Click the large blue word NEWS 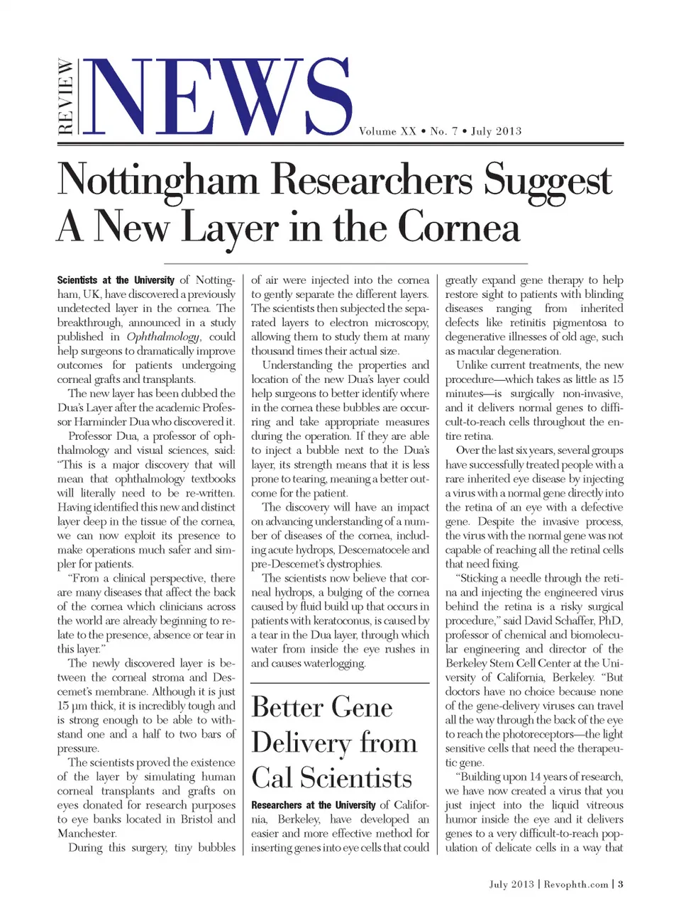[220, 97]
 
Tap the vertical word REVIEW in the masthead [65, 96]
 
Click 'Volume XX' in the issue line [387, 131]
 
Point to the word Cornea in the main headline [458, 228]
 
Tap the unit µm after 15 [81, 706]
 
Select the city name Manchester [87, 833]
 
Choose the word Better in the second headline [287, 707]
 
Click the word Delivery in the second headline [301, 743]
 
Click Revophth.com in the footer [576, 884]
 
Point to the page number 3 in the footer [621, 884]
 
